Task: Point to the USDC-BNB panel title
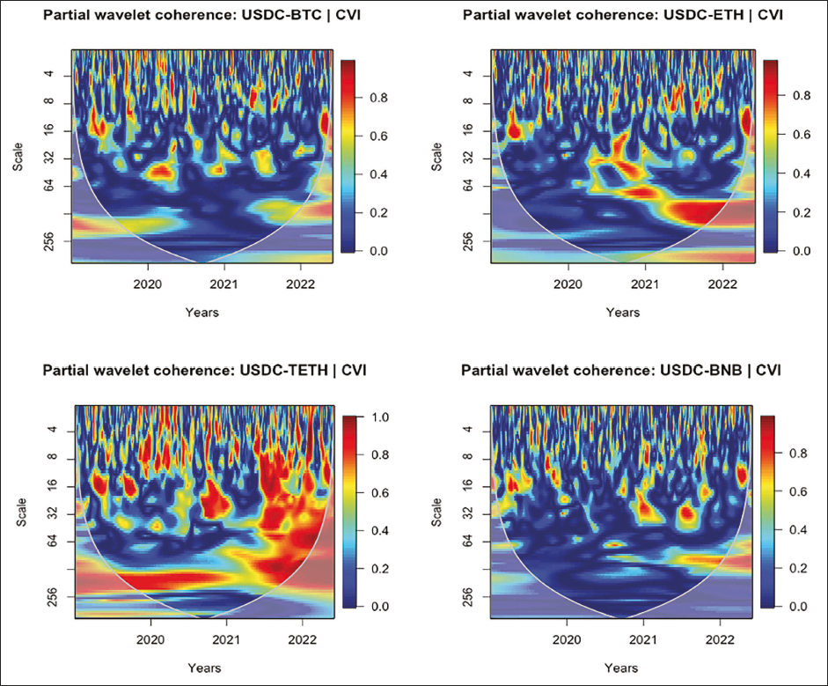click(x=621, y=370)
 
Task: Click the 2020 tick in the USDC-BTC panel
click(x=148, y=284)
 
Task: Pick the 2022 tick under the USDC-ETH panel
click(x=722, y=284)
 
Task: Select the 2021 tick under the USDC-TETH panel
click(x=227, y=638)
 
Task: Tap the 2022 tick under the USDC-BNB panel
click(x=721, y=638)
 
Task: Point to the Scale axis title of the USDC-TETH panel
click(x=20, y=512)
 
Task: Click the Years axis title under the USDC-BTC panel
click(x=202, y=312)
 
